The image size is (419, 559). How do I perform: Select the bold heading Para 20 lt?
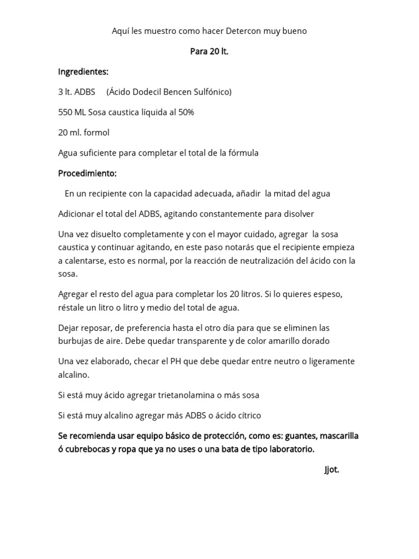coord(209,51)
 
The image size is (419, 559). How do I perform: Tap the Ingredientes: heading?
coord(83,72)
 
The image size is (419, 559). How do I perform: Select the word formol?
coord(97,132)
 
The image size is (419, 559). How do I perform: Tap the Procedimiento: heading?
coord(87,173)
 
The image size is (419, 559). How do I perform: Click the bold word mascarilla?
coord(339,436)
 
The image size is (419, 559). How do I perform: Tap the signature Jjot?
coord(331,469)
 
